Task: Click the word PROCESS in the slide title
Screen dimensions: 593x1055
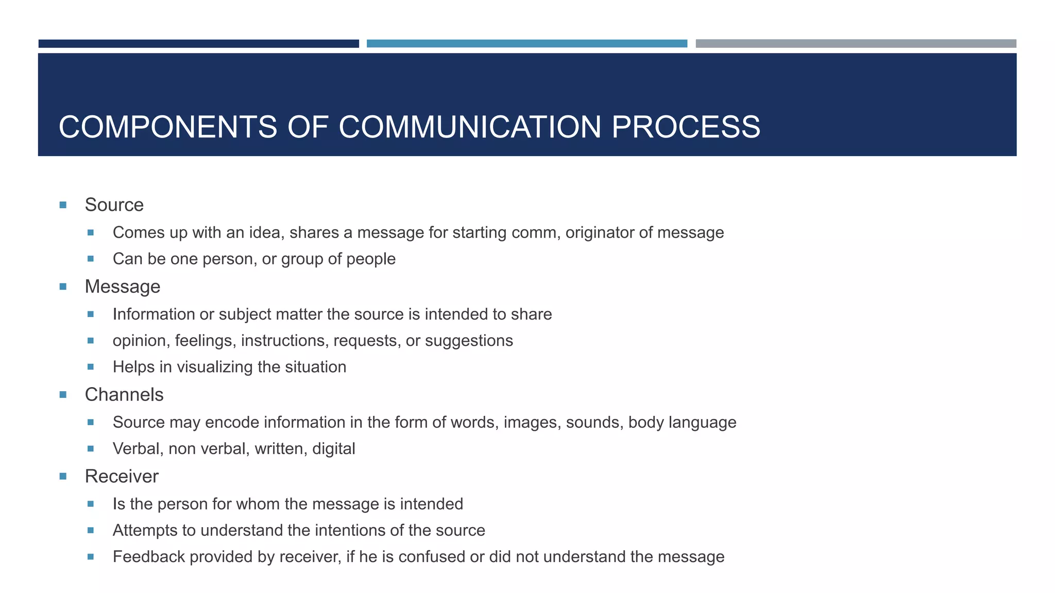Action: pyautogui.click(x=686, y=127)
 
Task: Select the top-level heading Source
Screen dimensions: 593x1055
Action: pyautogui.click(x=114, y=205)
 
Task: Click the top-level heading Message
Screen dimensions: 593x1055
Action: pyautogui.click(x=123, y=287)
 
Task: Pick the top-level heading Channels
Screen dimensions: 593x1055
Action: pyautogui.click(x=124, y=395)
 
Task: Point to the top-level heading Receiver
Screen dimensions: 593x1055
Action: pyautogui.click(x=122, y=477)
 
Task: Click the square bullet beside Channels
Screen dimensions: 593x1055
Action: pyautogui.click(x=63, y=395)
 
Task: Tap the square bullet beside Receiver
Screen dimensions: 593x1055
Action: pyautogui.click(x=63, y=477)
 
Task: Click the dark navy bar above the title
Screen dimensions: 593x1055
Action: pyautogui.click(x=199, y=44)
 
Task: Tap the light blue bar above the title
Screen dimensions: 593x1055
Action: pyautogui.click(x=527, y=44)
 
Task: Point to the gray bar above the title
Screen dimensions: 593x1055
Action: pyautogui.click(x=856, y=44)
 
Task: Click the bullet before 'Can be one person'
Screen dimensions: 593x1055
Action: pyautogui.click(x=91, y=259)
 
